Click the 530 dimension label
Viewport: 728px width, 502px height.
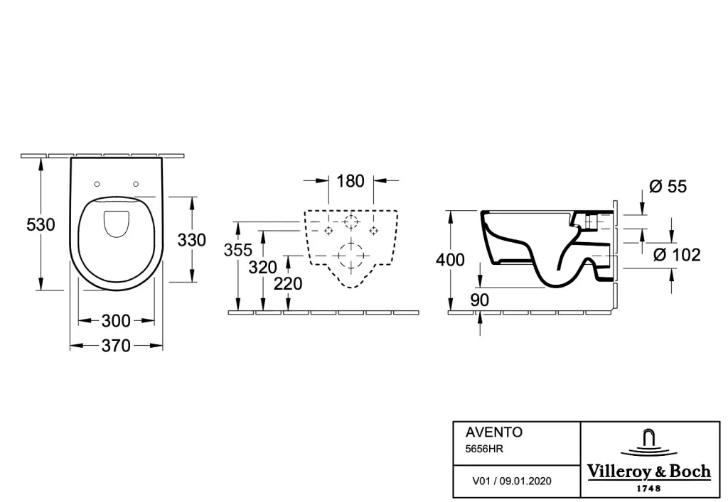tap(41, 225)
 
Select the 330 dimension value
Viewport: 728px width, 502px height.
tap(192, 240)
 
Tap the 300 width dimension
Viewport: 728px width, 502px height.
tap(116, 321)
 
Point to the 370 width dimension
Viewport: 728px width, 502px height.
tap(116, 346)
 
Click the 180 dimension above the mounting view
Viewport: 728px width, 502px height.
tap(350, 181)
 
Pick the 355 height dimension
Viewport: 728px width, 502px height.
tap(238, 251)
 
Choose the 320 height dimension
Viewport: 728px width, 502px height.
tap(263, 268)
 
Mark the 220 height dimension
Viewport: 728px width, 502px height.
tap(288, 284)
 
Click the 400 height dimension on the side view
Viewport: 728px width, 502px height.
tap(450, 260)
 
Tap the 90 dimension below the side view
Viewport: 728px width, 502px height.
tap(480, 300)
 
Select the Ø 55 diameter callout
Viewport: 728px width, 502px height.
tap(668, 186)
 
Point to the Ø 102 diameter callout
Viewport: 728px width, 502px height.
tap(677, 255)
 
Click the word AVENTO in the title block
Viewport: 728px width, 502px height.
tap(494, 432)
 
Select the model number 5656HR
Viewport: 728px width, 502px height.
tap(484, 449)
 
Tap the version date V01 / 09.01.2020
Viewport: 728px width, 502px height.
tap(512, 481)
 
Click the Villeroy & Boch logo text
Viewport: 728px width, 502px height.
tap(649, 471)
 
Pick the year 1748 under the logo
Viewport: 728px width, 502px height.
tap(649, 488)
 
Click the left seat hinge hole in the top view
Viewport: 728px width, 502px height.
tap(97, 184)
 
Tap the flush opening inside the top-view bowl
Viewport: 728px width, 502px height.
tap(116, 224)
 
